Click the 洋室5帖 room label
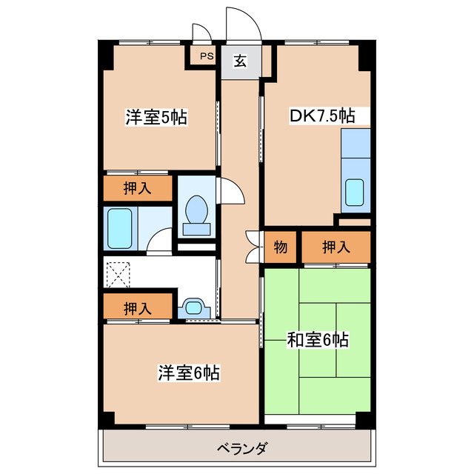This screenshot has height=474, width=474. click(x=156, y=117)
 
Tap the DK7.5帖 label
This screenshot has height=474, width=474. click(x=321, y=116)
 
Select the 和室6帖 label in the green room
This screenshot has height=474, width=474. click(x=318, y=340)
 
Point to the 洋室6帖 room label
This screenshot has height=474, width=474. click(x=188, y=373)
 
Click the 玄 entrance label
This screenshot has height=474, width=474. click(x=241, y=61)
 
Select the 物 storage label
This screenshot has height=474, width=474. click(x=281, y=247)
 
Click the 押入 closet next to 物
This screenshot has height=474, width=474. click(x=336, y=247)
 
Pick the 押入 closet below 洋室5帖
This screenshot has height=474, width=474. click(x=137, y=188)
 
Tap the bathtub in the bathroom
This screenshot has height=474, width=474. click(x=119, y=229)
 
